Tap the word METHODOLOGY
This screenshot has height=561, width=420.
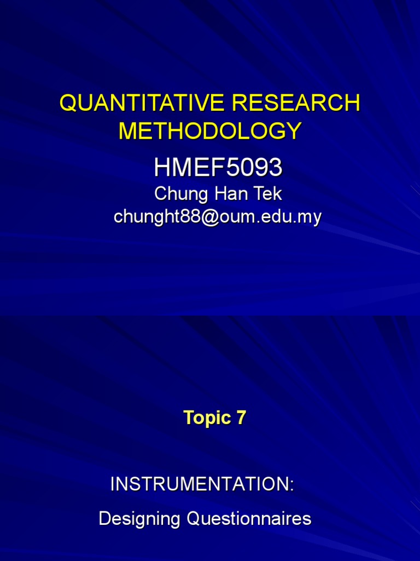click(x=210, y=131)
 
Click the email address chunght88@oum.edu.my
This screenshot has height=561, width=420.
click(x=217, y=217)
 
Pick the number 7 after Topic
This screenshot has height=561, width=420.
click(x=241, y=418)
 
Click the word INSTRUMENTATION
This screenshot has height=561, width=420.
click(x=200, y=484)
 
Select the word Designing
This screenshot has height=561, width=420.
click(x=140, y=519)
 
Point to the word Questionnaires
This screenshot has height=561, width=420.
click(x=249, y=519)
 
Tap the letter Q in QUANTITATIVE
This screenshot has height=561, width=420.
click(x=67, y=103)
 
